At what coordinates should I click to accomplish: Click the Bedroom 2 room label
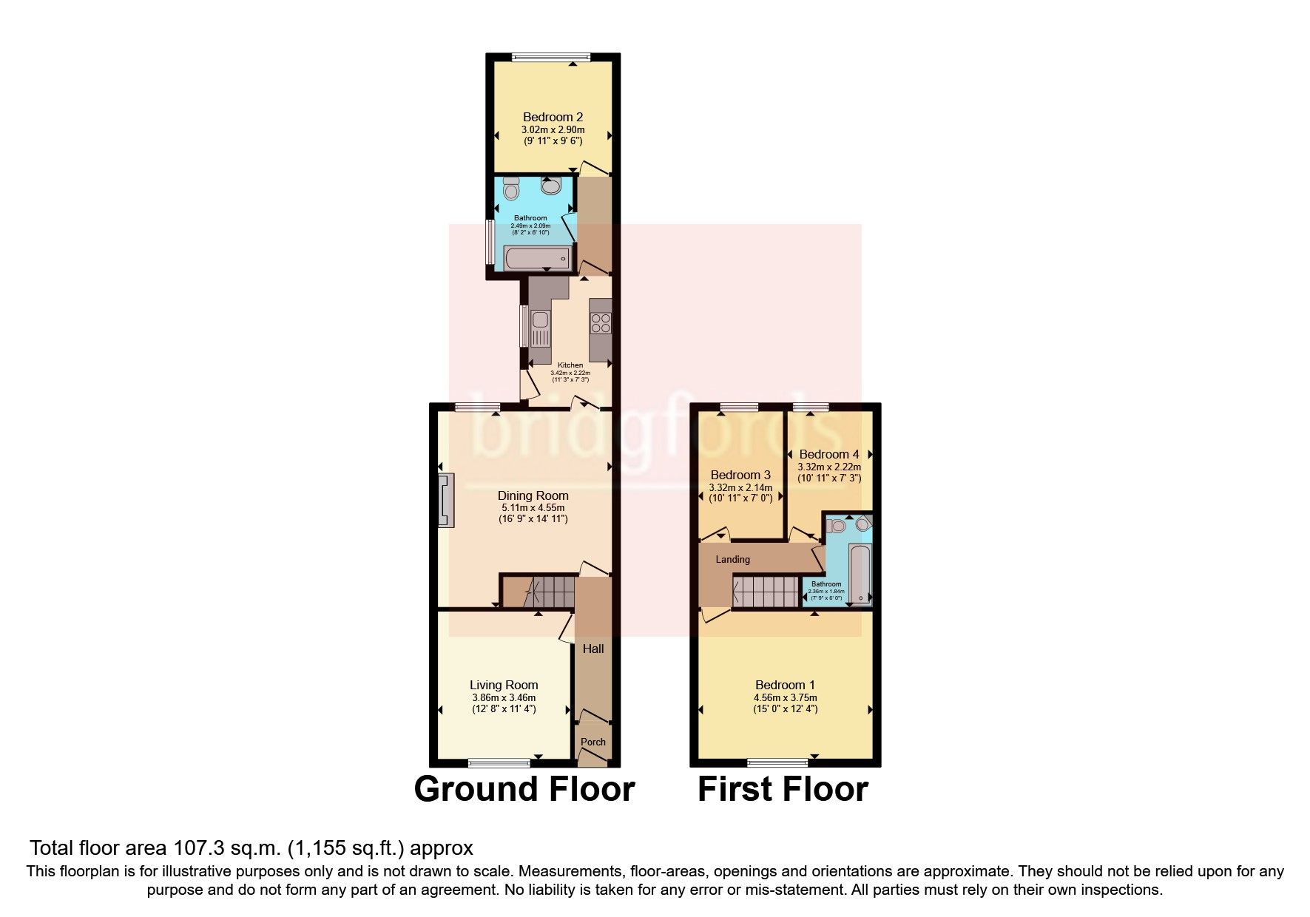click(553, 117)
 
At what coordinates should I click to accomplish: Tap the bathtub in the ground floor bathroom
click(538, 258)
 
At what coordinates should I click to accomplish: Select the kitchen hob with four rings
click(600, 325)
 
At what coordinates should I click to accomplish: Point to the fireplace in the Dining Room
click(446, 501)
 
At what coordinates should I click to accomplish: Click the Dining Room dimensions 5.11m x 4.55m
click(533, 508)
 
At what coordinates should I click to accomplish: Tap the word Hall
click(593, 649)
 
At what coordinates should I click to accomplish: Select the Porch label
click(593, 742)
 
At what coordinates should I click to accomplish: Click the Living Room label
click(504, 686)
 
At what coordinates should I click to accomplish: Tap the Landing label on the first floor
click(732, 560)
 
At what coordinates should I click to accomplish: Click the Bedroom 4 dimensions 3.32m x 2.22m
click(829, 467)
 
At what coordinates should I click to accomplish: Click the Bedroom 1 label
click(785, 686)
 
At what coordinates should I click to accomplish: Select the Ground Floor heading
click(524, 789)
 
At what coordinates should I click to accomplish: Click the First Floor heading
click(783, 789)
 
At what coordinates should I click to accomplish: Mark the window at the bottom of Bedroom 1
click(777, 762)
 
